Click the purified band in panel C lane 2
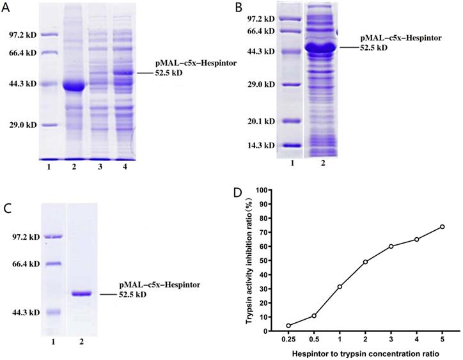pos(82,293)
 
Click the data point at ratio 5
pos(442,226)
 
